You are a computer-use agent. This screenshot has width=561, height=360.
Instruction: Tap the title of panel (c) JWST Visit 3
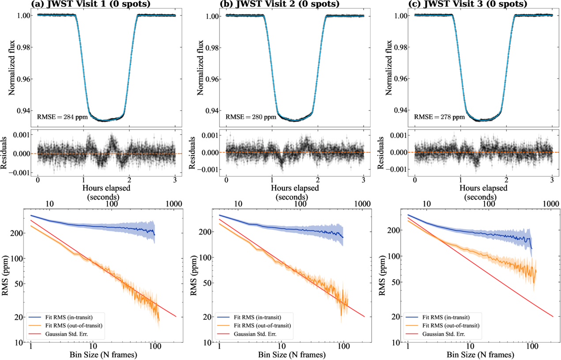coord(469,4)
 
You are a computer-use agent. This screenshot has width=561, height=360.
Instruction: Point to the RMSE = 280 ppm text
coord(245,117)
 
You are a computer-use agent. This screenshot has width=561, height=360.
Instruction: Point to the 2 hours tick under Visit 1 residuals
coord(129,180)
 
